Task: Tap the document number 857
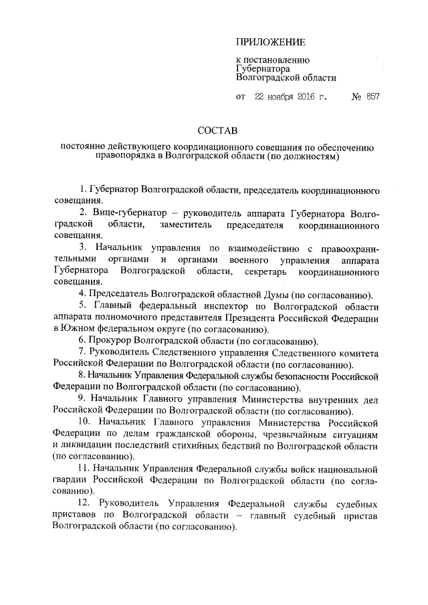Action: (372, 96)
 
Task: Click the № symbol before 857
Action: (356, 96)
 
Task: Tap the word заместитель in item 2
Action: (185, 223)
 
